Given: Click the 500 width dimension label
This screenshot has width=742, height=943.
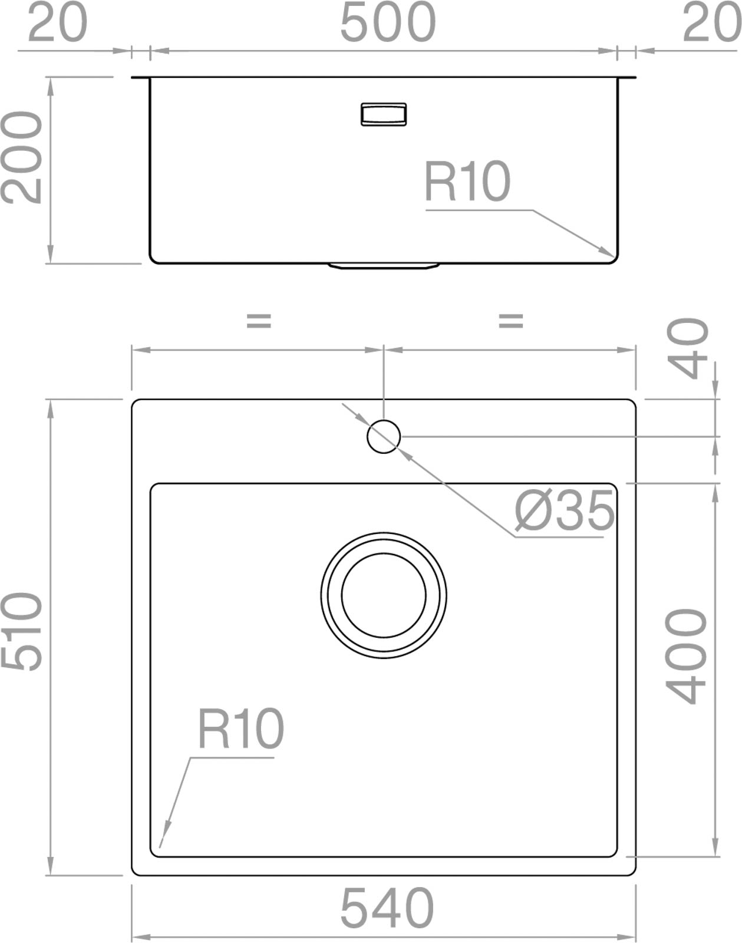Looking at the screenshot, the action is tap(388, 22).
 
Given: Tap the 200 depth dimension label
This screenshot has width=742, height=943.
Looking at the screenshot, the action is tap(21, 158).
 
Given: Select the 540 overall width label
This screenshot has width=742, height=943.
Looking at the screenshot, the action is tap(387, 907).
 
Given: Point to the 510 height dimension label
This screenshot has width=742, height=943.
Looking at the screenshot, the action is tap(21, 631).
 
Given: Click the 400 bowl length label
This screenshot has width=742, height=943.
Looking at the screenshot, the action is tap(686, 656).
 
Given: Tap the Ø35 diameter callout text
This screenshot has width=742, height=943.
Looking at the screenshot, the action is tap(564, 510).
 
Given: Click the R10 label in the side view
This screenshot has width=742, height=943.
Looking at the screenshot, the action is tap(467, 182).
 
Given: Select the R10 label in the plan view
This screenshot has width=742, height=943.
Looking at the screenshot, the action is tap(240, 729).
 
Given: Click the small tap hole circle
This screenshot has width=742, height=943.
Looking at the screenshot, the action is tap(384, 437).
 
